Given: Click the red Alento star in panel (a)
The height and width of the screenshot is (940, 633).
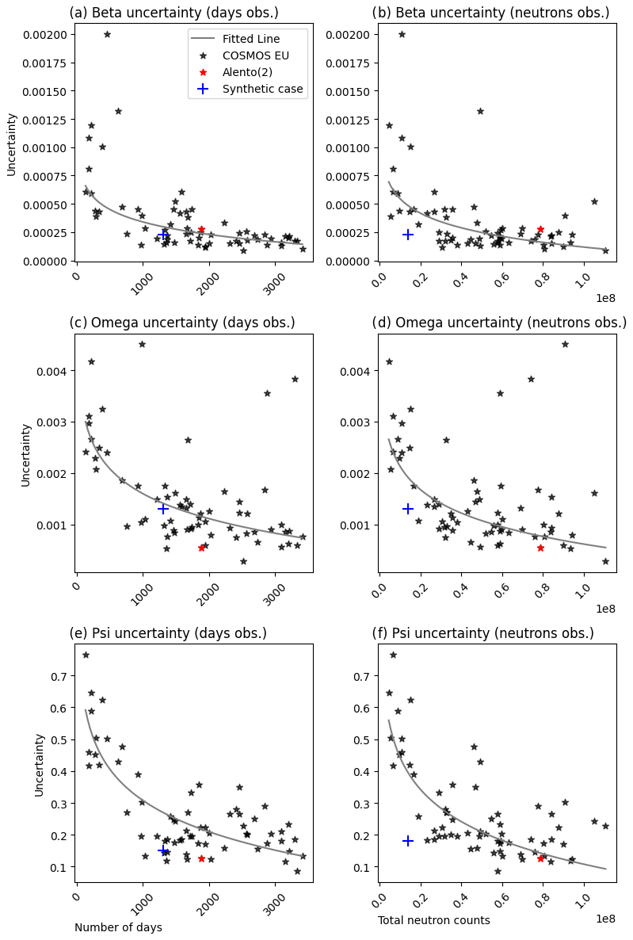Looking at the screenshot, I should pos(201,230).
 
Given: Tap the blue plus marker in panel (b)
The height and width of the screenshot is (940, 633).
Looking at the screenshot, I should pos(408,235).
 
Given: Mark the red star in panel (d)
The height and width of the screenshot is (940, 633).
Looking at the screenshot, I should pos(540,548).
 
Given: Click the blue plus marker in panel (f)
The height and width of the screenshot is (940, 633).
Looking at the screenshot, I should pos(408,841).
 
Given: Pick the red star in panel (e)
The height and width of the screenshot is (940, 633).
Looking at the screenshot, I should pos(201,858).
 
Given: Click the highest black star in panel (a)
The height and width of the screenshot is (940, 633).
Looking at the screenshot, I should pos(107,34).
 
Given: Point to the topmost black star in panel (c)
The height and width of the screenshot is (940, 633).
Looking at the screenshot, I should pos(142,344).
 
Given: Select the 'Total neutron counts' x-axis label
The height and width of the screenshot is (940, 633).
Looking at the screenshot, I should pos(433,920).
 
